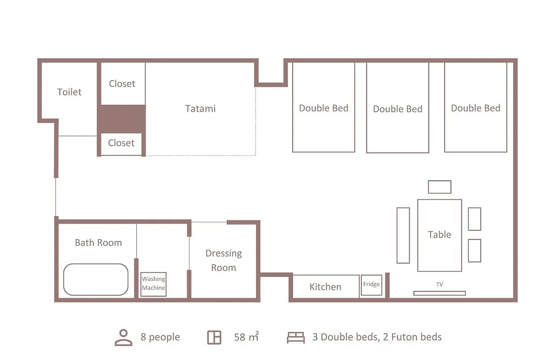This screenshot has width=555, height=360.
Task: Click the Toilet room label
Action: (69, 92)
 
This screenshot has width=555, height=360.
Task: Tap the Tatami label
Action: (200, 109)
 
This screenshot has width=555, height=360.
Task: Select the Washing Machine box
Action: (153, 284)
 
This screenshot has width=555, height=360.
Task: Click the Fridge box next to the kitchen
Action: (372, 285)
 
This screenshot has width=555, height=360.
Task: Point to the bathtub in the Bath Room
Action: (96, 279)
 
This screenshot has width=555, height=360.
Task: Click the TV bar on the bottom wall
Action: (439, 293)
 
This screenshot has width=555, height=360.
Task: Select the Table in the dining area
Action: (439, 235)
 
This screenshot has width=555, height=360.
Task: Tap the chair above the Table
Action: (439, 187)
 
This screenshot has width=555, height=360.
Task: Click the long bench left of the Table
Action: (403, 235)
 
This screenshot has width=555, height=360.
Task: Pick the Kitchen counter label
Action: (325, 286)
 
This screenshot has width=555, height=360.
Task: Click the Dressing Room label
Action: (224, 260)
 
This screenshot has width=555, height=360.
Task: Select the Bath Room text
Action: (98, 243)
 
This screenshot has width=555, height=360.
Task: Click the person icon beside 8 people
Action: (123, 337)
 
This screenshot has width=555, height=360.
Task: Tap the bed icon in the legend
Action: (295, 338)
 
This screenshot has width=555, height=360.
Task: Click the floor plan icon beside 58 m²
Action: (214, 337)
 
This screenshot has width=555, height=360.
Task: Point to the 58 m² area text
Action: (246, 337)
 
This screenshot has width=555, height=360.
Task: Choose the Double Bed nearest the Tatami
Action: (324, 107)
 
